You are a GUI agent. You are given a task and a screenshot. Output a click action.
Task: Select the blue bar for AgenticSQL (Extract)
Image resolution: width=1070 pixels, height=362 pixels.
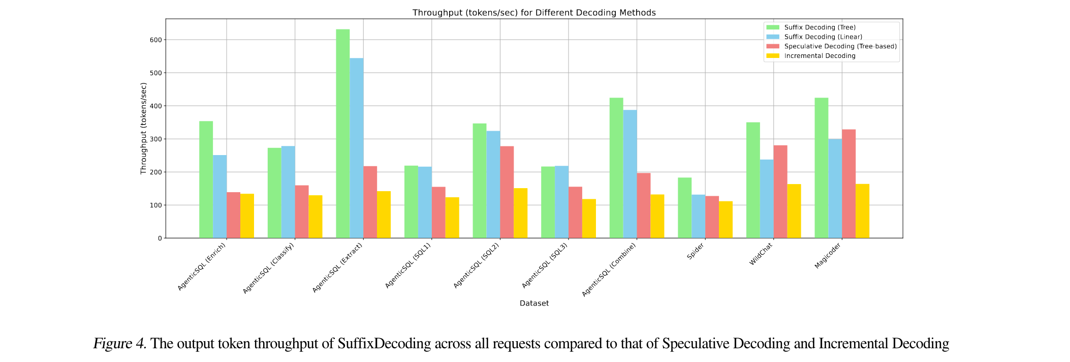point(356,148)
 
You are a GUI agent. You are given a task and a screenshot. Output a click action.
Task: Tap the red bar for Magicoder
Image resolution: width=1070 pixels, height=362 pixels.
point(848,184)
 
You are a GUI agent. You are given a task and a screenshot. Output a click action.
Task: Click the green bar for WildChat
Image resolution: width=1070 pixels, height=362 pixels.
point(753,180)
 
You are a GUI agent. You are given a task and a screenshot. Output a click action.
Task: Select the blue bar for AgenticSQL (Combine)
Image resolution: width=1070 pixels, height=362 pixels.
point(630,174)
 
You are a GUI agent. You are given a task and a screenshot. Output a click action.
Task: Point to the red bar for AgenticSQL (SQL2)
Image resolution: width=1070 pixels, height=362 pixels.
point(507,192)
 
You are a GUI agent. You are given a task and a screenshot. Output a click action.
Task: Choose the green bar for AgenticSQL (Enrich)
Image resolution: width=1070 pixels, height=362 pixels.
point(206,179)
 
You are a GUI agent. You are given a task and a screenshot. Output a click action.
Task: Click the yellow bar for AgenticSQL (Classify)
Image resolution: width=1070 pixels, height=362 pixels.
point(315,217)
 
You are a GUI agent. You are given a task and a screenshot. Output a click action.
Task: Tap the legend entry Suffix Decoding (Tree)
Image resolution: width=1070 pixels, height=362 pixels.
point(820,27)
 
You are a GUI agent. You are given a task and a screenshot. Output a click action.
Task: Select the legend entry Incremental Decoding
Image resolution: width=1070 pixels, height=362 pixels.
point(820,56)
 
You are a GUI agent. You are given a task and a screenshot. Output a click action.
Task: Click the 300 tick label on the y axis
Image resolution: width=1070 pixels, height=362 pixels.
point(155,139)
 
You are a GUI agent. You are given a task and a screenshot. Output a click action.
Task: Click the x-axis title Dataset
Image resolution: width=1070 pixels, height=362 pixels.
point(534,304)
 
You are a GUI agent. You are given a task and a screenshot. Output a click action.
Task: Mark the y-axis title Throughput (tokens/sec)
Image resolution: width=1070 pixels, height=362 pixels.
point(143,129)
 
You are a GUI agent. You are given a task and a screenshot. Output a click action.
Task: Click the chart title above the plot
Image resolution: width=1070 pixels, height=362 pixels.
point(534,13)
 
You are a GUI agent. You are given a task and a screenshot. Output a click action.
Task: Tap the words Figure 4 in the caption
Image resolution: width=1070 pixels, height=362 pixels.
point(119,344)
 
